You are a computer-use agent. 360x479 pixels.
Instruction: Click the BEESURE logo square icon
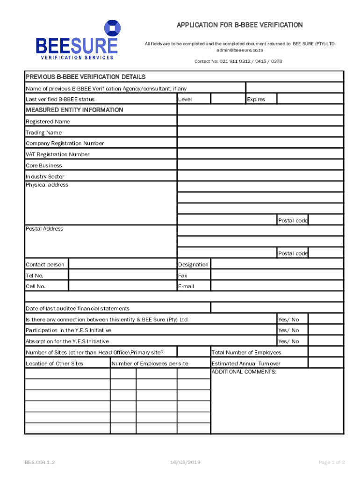point(111,29)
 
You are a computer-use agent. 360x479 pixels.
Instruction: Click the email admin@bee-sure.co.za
point(239,50)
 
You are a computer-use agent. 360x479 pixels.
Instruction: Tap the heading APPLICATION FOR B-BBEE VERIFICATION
point(239,25)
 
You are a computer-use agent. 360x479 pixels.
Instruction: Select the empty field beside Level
point(228,99)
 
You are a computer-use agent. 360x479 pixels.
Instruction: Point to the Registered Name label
point(48,122)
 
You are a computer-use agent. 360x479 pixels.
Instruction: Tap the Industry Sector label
point(45,176)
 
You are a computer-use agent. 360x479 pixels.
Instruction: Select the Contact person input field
point(122,264)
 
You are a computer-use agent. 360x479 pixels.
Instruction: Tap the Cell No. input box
point(122,286)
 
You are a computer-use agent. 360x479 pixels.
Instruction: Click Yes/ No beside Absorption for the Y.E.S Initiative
point(288,341)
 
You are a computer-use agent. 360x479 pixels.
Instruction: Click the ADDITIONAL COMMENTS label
point(244,372)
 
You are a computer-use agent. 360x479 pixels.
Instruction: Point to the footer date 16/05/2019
point(186,462)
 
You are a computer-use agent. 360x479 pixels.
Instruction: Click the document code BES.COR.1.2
point(40,462)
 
